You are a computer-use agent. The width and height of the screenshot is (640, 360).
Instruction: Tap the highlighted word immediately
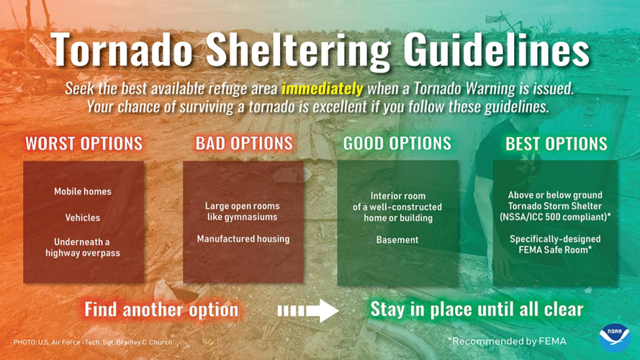tap(322, 89)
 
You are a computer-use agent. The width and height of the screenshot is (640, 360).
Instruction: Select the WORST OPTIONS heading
tap(84, 143)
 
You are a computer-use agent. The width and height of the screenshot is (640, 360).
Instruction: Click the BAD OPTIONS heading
tap(244, 143)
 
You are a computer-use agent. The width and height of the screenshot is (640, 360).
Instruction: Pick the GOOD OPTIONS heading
tap(397, 143)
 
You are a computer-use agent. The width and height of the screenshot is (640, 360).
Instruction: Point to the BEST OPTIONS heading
tap(556, 143)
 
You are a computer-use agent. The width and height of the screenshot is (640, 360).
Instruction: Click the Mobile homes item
tap(83, 192)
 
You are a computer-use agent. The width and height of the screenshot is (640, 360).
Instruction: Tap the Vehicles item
tap(83, 217)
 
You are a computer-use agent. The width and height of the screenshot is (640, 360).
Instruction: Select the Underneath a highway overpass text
tap(83, 248)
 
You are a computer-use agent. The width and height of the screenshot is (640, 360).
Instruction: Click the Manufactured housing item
tap(243, 239)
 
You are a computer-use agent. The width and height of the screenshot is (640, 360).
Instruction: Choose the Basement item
tap(397, 240)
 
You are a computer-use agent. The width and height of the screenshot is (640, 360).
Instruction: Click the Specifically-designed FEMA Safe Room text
tap(555, 244)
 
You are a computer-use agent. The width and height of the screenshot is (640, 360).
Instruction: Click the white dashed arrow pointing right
tap(307, 310)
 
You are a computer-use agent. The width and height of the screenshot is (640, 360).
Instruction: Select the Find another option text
tap(161, 310)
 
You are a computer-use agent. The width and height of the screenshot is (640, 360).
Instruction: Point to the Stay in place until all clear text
tap(477, 310)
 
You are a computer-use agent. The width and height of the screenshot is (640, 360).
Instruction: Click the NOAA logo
tap(614, 336)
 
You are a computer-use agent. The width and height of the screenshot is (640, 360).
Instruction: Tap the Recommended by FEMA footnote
tap(506, 341)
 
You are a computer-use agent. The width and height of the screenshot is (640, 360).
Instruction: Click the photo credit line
tap(93, 343)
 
